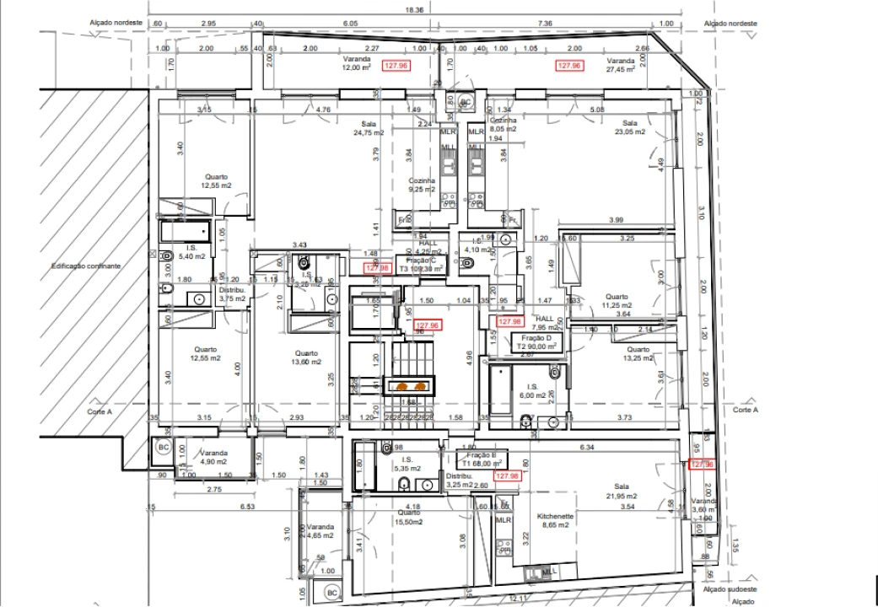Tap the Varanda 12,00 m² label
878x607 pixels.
pyautogui.click(x=356, y=64)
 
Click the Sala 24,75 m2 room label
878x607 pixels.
pyautogui.click(x=369, y=128)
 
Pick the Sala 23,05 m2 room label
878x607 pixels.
pyautogui.click(x=629, y=128)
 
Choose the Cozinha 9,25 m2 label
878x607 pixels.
pyautogui.click(x=422, y=185)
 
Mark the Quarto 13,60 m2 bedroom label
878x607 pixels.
pyautogui.click(x=305, y=357)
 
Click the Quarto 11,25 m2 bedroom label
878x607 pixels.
pyautogui.click(x=617, y=301)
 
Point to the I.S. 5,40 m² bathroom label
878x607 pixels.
pyautogui.click(x=192, y=251)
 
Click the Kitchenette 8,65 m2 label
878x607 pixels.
pyautogui.click(x=556, y=520)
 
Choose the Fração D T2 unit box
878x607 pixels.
pyautogui.click(x=536, y=341)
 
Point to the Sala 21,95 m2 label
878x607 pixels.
pyautogui.click(x=621, y=492)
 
